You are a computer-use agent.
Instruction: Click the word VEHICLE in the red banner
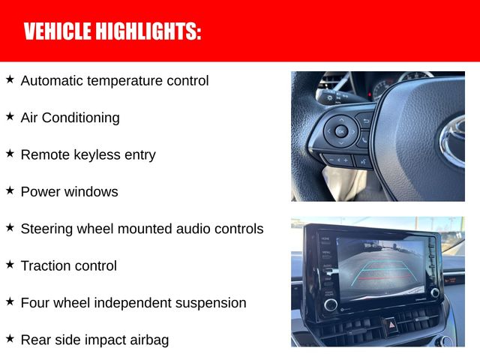(x=58, y=31)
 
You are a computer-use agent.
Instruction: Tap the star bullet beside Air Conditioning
(x=10, y=116)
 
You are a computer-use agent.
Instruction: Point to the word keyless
(x=97, y=154)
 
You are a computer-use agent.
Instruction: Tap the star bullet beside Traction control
(x=10, y=265)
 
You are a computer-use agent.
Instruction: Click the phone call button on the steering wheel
(x=364, y=140)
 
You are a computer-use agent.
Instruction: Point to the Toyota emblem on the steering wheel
(x=453, y=142)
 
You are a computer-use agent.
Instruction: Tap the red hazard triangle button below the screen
(x=391, y=325)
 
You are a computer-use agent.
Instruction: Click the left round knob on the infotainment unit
(x=331, y=304)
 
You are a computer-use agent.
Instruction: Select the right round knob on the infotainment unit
(x=435, y=292)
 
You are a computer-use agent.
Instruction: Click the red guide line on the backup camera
(x=385, y=278)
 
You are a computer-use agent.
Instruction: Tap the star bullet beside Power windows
(x=10, y=190)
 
